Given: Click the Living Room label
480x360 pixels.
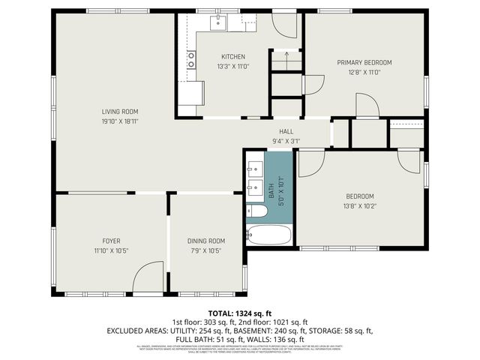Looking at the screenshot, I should [120, 111].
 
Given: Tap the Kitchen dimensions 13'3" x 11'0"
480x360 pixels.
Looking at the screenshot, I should [232, 67].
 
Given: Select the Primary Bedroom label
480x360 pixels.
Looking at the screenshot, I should [364, 62].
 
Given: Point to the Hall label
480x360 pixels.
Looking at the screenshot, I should [286, 131].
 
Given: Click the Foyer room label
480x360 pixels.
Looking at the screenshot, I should [106, 241].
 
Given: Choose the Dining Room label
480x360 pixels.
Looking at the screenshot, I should [206, 241].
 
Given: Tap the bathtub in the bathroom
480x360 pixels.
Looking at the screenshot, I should [268, 235].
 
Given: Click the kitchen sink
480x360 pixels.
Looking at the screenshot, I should [219, 22].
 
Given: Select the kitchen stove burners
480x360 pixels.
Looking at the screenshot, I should [192, 60].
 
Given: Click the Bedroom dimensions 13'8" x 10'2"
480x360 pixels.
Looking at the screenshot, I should [359, 206].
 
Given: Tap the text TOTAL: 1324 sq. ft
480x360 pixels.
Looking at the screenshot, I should [239, 313].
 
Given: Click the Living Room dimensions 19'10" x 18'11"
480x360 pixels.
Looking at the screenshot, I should [120, 121].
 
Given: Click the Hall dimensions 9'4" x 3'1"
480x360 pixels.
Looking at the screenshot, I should [286, 141].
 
